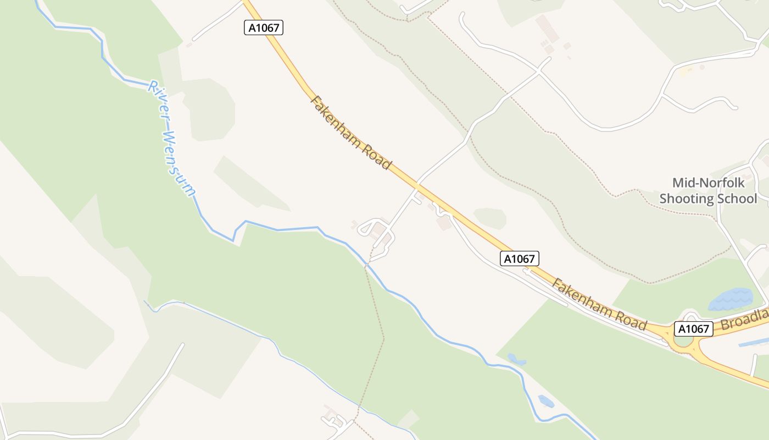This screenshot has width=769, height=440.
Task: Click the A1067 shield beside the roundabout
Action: (x=693, y=329)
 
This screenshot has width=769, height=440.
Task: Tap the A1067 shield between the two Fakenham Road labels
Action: (x=519, y=258)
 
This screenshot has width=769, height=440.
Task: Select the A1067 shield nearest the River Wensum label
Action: (x=264, y=28)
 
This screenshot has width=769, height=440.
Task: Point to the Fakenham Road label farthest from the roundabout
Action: (x=351, y=133)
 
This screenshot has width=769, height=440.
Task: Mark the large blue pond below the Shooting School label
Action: (x=731, y=300)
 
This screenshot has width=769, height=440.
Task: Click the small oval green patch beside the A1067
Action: (x=489, y=217)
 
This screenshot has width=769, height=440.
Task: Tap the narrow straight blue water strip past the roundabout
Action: (x=754, y=343)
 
